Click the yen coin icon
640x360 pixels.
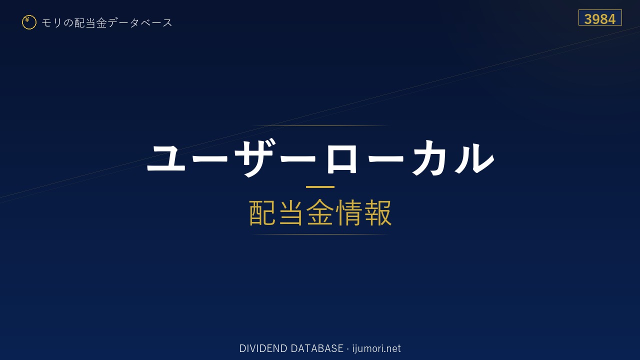coord(29,22)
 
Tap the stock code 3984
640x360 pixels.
coord(599,19)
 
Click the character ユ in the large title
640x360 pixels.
coord(166,158)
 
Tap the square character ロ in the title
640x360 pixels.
coord(341,159)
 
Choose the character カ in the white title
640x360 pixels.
coord(429,157)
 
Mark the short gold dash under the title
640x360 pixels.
coord(320,187)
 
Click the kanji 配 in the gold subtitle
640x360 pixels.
coord(262,213)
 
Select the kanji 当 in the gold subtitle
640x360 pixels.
coord(291,213)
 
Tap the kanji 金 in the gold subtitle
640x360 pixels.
coord(320,213)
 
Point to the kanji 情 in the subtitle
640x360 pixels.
coord(349,213)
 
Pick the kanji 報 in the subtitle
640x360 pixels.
coord(377,213)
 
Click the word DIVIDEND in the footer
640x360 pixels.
coord(263,348)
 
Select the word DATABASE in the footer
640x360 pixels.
coord(317,348)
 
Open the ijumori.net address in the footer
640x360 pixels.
coord(376,349)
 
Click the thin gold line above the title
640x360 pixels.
coord(320,125)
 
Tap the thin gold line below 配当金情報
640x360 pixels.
coord(320,234)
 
